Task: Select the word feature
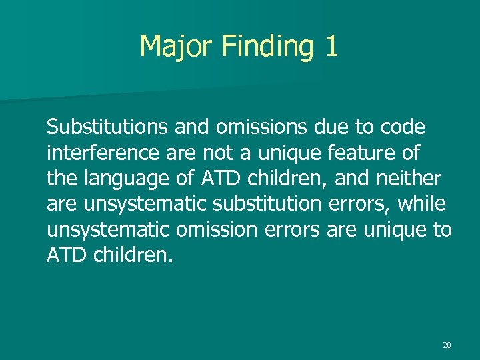363,153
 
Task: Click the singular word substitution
267,205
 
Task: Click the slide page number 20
447,345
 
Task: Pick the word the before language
61,179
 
